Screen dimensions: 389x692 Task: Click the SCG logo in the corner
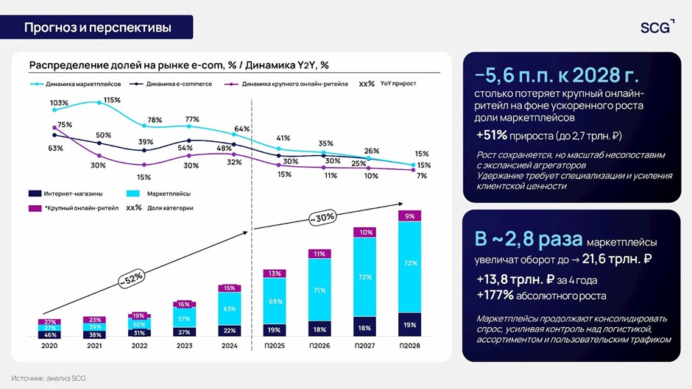[657, 27]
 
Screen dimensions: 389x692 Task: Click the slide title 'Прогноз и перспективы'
[98, 28]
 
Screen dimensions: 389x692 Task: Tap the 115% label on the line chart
[112, 100]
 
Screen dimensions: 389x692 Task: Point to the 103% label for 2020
[59, 103]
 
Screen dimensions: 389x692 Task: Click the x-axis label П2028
[410, 346]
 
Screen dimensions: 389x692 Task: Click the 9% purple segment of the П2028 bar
[410, 216]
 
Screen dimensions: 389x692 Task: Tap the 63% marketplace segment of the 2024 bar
[230, 309]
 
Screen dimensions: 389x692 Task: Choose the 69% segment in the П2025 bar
[275, 301]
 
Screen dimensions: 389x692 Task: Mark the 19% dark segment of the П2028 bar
[410, 324]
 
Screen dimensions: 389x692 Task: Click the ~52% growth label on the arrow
[133, 279]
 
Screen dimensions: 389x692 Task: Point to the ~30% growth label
[322, 218]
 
